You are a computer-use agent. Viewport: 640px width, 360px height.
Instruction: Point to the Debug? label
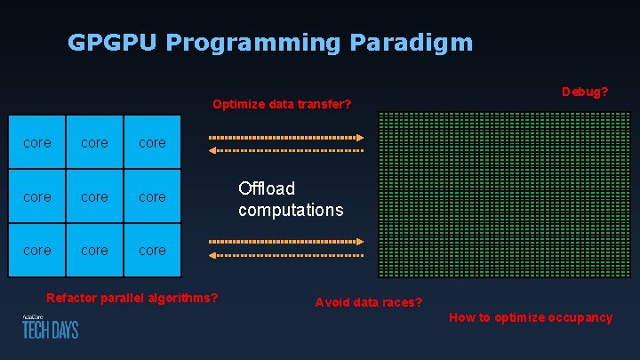(x=585, y=92)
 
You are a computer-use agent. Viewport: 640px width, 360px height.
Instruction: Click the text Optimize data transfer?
(x=282, y=105)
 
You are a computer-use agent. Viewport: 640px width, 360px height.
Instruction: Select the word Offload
(x=267, y=188)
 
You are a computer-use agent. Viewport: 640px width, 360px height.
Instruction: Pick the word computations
(x=291, y=211)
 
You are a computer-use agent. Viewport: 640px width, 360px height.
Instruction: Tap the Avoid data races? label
(x=369, y=302)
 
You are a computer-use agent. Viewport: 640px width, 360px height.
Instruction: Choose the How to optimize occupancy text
(x=530, y=317)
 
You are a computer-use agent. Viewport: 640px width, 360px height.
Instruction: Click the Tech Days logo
(x=50, y=326)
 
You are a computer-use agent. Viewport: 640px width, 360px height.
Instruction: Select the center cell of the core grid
(x=94, y=196)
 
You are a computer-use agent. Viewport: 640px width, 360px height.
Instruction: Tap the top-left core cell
(x=36, y=142)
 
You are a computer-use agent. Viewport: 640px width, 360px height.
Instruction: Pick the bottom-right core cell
(x=152, y=251)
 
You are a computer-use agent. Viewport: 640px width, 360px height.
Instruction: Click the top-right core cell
(x=152, y=142)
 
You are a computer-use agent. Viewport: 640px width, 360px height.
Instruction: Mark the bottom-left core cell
(x=36, y=251)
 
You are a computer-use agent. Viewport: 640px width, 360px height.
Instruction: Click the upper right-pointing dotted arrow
(x=285, y=138)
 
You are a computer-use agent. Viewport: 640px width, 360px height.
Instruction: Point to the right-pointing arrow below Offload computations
(x=285, y=241)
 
